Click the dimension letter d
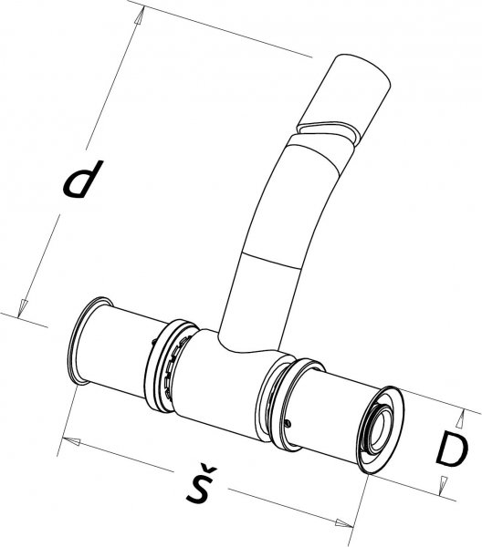click(83, 179)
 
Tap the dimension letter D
click(452, 449)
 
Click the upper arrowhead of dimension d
click(139, 16)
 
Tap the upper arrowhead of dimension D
click(461, 418)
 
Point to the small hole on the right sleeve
click(288, 424)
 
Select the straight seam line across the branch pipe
click(271, 260)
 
